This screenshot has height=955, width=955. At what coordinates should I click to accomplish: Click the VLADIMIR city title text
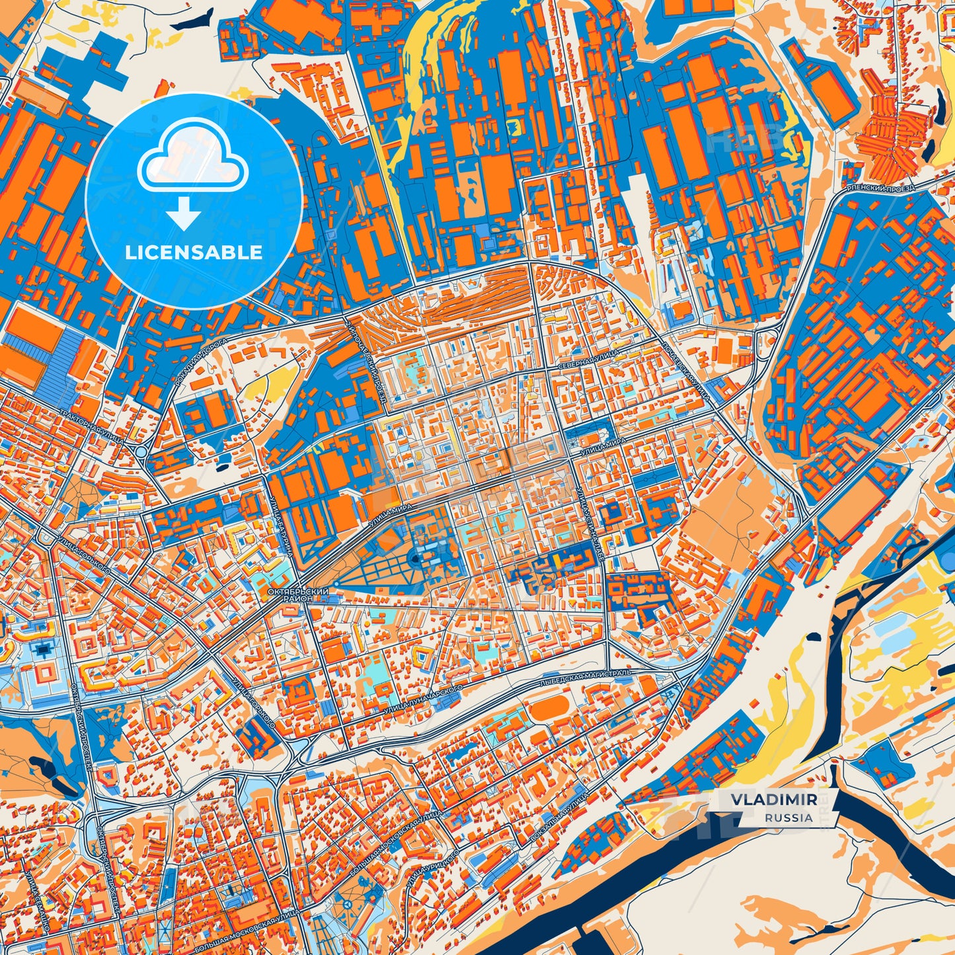[773, 800]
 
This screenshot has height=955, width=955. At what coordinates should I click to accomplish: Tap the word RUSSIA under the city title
[789, 818]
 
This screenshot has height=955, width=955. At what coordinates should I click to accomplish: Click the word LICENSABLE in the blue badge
[194, 252]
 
